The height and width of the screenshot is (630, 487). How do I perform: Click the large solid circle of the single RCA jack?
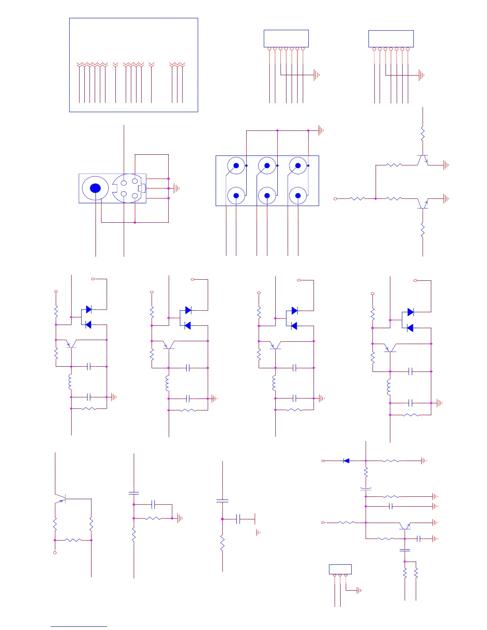95,188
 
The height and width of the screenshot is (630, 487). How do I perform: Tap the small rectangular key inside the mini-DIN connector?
140,188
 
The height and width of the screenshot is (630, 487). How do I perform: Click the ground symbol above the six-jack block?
321,130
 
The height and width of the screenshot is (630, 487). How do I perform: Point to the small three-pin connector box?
340,569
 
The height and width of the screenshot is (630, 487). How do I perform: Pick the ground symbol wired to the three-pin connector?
359,591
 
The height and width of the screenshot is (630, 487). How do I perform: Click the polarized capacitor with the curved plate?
366,489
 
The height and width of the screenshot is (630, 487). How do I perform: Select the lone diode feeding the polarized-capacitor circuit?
346,461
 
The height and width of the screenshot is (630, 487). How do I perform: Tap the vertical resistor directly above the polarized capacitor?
366,472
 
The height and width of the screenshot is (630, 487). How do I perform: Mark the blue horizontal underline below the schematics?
78,626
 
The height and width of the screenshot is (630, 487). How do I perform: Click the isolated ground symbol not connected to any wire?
258,532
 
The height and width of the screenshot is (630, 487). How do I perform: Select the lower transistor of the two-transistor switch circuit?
423,203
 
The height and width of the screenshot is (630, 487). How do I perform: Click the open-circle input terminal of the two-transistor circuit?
335,198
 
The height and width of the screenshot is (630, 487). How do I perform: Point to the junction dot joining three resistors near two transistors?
376,198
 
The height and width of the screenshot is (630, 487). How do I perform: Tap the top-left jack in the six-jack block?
236,165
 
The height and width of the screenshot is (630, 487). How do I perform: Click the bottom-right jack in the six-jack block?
298,196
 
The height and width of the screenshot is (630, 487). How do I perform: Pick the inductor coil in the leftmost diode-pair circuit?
70,382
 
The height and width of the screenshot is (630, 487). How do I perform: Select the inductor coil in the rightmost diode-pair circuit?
389,387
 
